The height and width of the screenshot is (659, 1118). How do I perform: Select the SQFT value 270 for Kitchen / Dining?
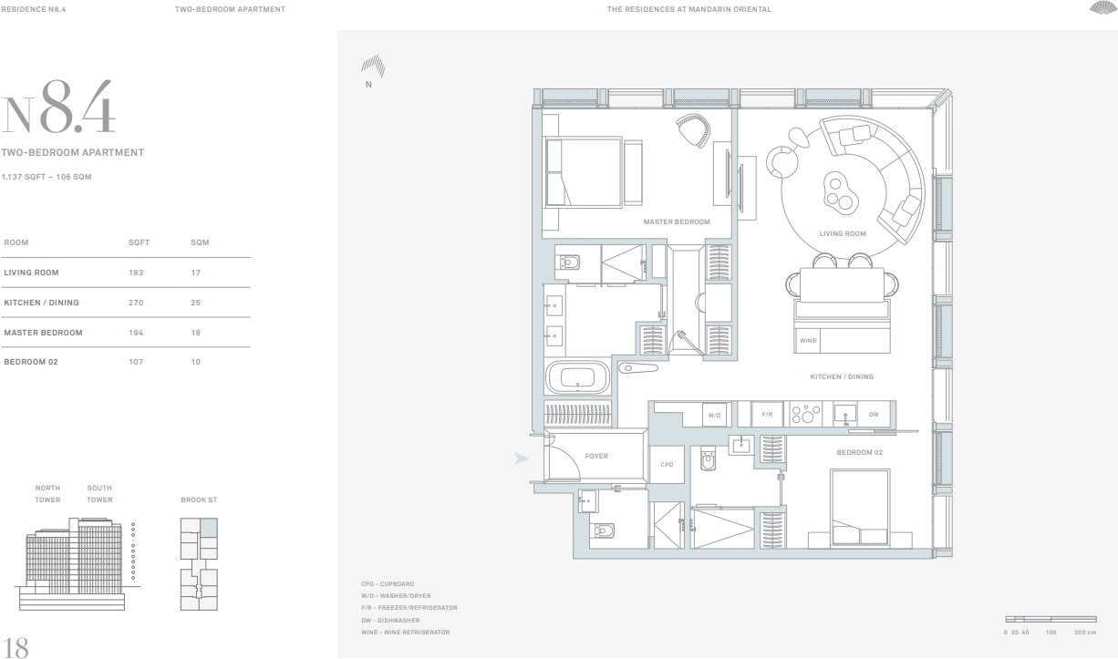(136, 303)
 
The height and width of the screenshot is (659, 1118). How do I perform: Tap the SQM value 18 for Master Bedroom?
(194, 333)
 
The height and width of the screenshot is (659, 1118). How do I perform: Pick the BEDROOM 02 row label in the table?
(31, 363)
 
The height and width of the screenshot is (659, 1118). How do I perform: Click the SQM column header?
(200, 243)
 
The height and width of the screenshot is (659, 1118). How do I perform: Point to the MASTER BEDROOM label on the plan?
(676, 222)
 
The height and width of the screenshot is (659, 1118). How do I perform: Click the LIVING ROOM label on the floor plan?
(842, 234)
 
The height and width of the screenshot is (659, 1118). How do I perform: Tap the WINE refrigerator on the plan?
(808, 341)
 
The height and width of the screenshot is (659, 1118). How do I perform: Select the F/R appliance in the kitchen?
(767, 415)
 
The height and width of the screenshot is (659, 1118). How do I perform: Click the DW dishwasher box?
(873, 415)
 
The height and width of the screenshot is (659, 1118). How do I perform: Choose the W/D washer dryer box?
(714, 416)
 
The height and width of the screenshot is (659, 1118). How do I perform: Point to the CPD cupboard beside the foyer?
(667, 465)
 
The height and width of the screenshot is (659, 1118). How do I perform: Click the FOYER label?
(596, 457)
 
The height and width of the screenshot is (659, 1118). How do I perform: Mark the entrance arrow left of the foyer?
(521, 458)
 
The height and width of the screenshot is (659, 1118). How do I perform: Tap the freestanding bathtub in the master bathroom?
(577, 377)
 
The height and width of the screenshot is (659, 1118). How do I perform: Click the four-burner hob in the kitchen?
(806, 415)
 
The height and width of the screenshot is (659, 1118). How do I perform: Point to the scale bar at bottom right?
(1049, 619)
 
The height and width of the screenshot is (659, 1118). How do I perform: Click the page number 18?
(16, 646)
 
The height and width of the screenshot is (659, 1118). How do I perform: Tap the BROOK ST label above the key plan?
(199, 500)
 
